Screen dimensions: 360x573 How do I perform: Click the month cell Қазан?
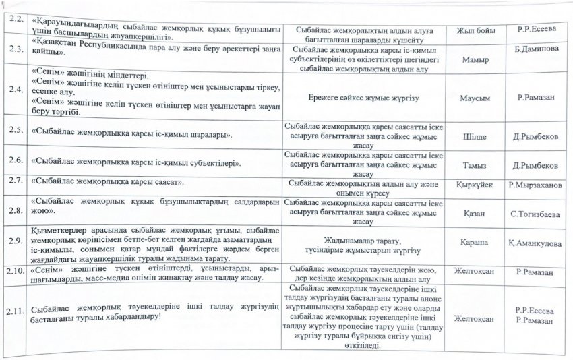pyautogui.click(x=475, y=214)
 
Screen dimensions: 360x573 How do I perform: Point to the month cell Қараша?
pyautogui.click(x=476, y=243)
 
